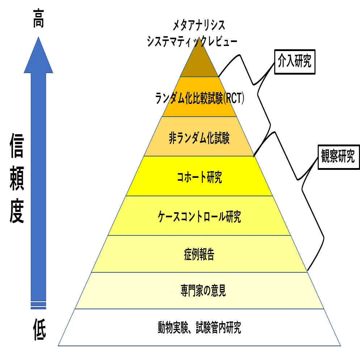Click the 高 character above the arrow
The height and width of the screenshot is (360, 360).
(38, 18)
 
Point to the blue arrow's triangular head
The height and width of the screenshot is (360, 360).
(38, 55)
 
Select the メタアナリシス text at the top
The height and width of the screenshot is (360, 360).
(199, 25)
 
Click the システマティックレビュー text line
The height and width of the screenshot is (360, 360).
(192, 42)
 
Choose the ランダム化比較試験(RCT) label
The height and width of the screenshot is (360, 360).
(200, 98)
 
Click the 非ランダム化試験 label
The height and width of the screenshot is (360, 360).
(199, 138)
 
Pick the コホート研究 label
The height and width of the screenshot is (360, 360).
(199, 177)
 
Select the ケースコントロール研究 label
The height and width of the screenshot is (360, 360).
(199, 217)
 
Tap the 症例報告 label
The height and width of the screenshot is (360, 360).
(199, 254)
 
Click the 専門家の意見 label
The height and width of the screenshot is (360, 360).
(203, 290)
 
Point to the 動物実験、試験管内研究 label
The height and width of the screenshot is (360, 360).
(199, 327)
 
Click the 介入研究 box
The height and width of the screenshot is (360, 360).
(295, 62)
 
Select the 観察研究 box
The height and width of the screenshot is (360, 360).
(339, 157)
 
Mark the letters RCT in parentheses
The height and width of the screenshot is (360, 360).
(234, 98)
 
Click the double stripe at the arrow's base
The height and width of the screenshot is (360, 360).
(38, 305)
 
